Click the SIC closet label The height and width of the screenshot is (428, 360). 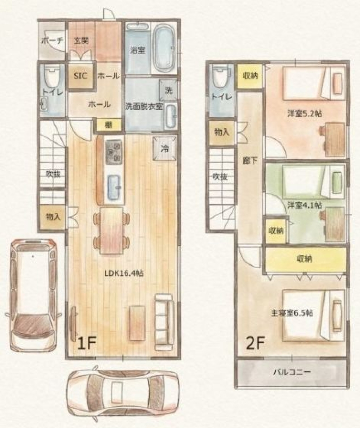[80, 76]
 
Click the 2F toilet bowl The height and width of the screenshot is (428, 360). [222, 77]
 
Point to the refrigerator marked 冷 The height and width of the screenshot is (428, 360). [165, 148]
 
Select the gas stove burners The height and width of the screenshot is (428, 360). [113, 152]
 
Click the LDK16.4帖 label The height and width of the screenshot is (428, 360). [124, 273]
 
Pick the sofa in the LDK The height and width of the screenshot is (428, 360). [164, 322]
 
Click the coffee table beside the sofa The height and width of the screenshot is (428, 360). [137, 323]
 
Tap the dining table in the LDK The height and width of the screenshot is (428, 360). [111, 231]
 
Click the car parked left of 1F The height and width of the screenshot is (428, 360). [33, 295]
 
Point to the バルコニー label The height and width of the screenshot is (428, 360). [292, 372]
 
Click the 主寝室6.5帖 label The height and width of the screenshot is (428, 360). [292, 313]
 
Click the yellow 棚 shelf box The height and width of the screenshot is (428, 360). [108, 126]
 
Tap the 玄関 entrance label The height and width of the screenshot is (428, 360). [81, 40]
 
